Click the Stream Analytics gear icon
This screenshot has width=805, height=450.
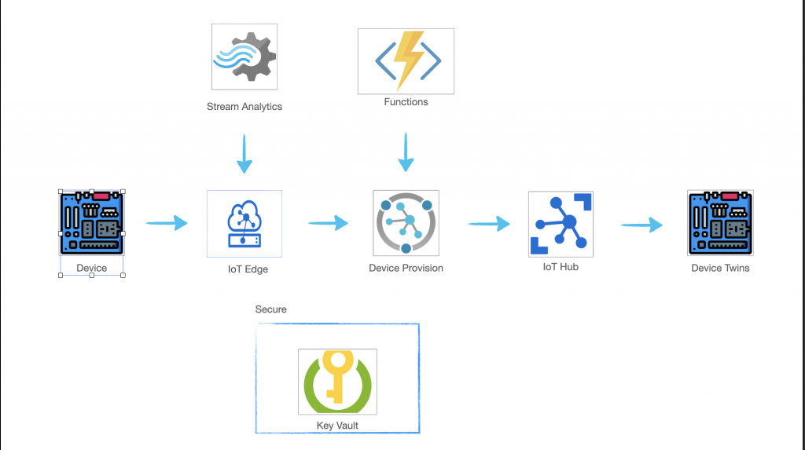244,56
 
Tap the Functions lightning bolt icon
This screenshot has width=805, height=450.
406,60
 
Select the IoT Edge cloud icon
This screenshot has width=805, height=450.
244,224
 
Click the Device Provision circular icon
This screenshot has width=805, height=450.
406,223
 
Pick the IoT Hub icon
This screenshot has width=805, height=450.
561,224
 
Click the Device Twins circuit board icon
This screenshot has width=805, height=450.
720,223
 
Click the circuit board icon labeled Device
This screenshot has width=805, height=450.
92,223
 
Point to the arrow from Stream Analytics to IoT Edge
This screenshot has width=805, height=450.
244,153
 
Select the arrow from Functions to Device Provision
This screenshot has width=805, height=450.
406,152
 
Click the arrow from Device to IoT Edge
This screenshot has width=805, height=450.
167,223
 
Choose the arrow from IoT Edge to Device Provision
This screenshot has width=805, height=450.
328,223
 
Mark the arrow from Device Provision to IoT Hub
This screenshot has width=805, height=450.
489,224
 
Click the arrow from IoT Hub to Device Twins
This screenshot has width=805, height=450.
641,225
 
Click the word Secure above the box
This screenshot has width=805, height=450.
270,309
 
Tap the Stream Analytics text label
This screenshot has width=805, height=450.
244,107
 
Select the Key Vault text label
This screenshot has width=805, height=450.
336,425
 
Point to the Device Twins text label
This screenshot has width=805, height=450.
720,268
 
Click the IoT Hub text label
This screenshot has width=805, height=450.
561,267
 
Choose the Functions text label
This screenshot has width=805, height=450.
406,102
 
